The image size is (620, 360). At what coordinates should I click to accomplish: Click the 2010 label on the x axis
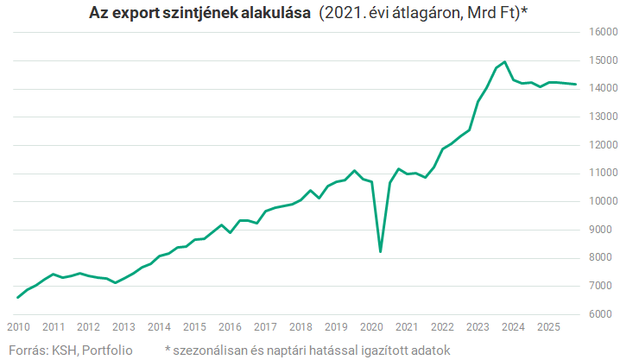coord(18,327)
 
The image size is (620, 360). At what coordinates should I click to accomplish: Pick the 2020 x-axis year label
coord(371,327)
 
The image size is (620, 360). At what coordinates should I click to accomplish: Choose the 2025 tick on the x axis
coord(548,327)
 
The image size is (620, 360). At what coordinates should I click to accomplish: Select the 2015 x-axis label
coord(194,327)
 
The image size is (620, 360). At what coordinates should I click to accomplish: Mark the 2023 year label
coord(478,327)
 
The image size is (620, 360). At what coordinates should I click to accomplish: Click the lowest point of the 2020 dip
coord(381,251)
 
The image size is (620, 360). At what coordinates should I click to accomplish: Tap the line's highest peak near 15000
coord(504,62)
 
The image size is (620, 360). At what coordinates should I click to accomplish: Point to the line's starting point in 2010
coord(18,297)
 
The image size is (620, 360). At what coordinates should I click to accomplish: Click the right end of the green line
coord(576,84)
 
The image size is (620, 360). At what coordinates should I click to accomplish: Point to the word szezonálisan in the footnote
coord(212,349)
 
